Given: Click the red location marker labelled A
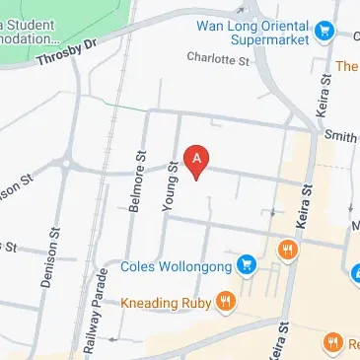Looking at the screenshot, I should [197, 160].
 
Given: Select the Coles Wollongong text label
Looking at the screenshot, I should [177, 265].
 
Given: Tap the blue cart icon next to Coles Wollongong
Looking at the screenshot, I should [247, 265].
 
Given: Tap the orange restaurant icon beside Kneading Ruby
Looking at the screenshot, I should [226, 300].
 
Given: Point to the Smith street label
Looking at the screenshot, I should [340, 137].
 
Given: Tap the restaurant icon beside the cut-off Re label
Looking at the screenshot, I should [332, 342].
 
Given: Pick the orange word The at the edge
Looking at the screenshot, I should [346, 66].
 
